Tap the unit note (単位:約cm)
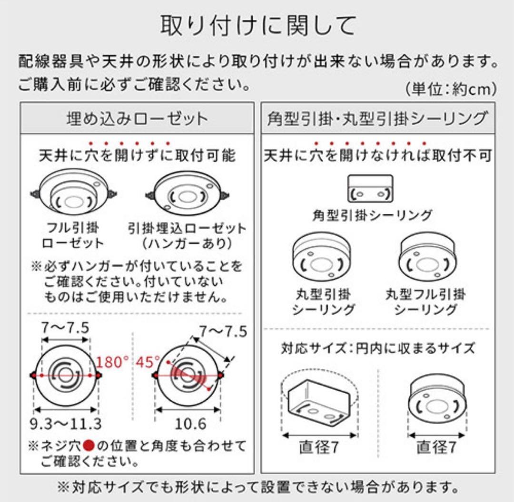pos(450,89)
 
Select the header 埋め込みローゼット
pos(137,118)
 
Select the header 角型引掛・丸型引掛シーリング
pos(378,118)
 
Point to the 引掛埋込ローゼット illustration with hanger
pos(187,193)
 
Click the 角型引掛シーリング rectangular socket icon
pos(370,189)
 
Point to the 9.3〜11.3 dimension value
pos(65,423)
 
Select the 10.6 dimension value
pos(190,423)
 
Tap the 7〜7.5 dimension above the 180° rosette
pos(65,328)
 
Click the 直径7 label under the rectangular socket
pos(319,447)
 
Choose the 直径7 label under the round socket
pos(436,447)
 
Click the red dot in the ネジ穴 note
pos(88,446)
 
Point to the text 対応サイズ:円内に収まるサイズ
pos(378,348)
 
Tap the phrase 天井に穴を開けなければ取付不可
pos(378,155)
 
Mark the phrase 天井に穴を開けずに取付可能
pos(137,155)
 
